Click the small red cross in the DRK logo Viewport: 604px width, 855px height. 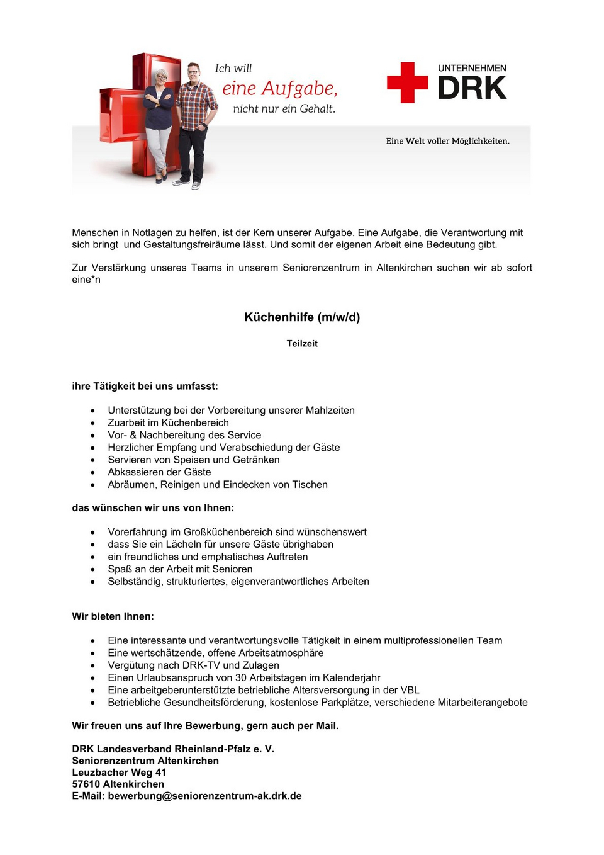pos(407,82)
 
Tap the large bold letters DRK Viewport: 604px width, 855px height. pos(472,89)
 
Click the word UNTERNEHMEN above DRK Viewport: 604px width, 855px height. pos(472,68)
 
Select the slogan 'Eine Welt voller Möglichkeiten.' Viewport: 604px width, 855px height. pos(447,141)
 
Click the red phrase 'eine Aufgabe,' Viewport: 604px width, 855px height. pos(280,89)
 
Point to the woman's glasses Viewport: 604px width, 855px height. pos(161,77)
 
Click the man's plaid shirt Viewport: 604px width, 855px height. pos(196,104)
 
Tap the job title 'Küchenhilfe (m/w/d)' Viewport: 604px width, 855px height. pos(302,317)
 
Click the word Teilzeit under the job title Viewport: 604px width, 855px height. pos(302,344)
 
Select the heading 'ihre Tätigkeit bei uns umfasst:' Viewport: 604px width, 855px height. pos(145,386)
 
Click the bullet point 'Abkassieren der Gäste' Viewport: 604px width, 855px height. pos(159,472)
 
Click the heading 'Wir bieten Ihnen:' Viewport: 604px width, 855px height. pos(113,616)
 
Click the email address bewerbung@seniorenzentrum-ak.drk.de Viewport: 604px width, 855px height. pos(204,796)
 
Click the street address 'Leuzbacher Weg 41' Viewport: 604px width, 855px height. pos(119,773)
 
